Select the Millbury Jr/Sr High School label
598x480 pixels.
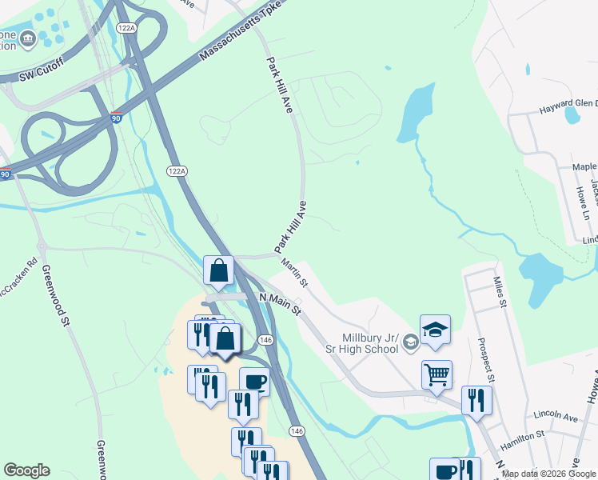tap(370, 343)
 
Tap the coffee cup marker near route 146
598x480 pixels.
tap(254, 382)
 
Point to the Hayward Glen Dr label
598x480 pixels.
tap(567, 104)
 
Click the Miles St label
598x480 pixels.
tap(500, 292)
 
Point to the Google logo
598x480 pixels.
tap(26, 470)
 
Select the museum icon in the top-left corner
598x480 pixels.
tap(28, 38)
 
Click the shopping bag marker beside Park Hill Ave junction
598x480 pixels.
tap(218, 271)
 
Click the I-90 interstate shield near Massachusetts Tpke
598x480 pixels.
tap(117, 118)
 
